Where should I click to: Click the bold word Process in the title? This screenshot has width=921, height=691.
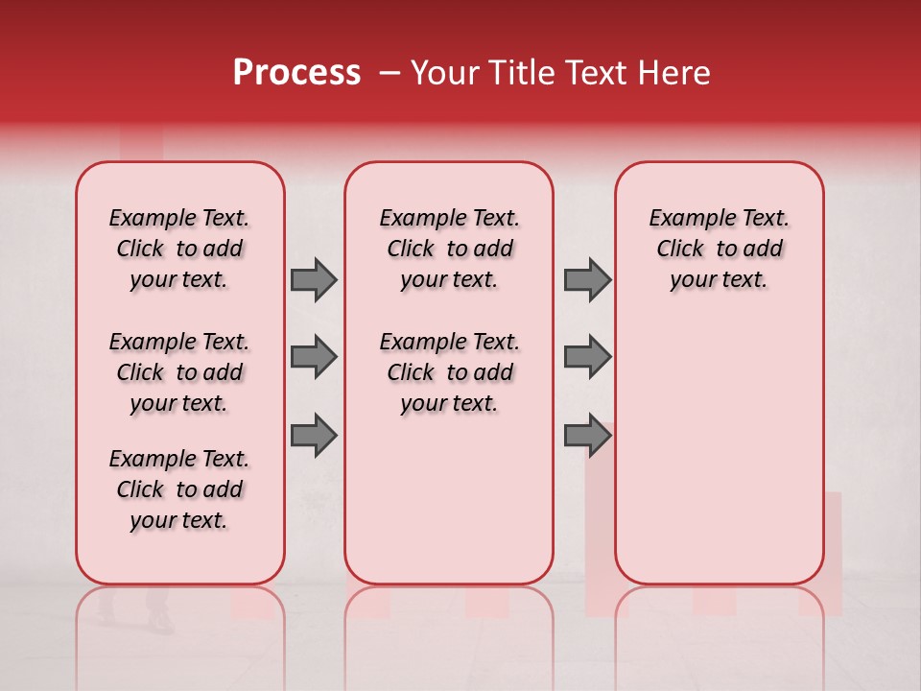click(296, 73)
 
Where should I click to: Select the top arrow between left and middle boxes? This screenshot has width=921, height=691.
click(314, 280)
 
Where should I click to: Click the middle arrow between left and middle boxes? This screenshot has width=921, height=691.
click(314, 357)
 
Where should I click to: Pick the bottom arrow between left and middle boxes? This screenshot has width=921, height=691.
click(314, 436)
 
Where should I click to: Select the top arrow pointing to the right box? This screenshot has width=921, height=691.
click(587, 280)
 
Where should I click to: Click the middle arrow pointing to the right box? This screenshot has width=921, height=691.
click(587, 357)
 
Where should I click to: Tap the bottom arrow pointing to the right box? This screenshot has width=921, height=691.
click(587, 436)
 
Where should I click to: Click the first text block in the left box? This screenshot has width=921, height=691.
click(179, 249)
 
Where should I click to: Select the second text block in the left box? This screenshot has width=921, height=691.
click(179, 372)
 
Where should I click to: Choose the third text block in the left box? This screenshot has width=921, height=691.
click(179, 489)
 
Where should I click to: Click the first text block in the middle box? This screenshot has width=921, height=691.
click(449, 249)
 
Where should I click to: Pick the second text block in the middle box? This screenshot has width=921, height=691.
click(449, 372)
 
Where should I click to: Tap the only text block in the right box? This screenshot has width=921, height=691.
click(719, 249)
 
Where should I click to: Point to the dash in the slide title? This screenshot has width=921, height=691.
click(390, 73)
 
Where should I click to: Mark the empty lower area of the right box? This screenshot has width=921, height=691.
click(719, 451)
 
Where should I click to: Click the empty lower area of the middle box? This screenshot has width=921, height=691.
click(449, 499)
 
